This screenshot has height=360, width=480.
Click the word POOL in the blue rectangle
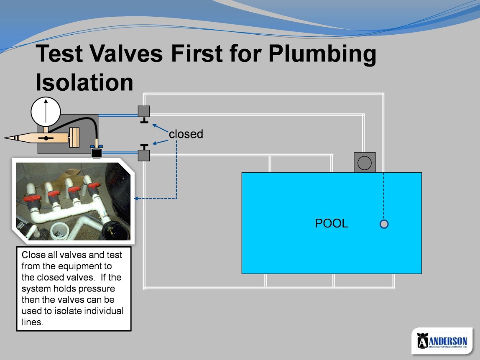(331, 223)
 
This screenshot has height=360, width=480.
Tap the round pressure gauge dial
(46, 112)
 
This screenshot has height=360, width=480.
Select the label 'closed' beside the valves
(186, 134)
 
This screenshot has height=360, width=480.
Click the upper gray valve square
(144, 111)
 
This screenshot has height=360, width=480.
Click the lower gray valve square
(144, 155)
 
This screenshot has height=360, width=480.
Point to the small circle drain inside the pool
(384, 224)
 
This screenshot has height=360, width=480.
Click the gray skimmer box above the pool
(365, 163)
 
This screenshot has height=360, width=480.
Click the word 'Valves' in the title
(126, 53)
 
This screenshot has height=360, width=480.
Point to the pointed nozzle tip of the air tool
(5, 138)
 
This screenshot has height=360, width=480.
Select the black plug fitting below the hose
(97, 152)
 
